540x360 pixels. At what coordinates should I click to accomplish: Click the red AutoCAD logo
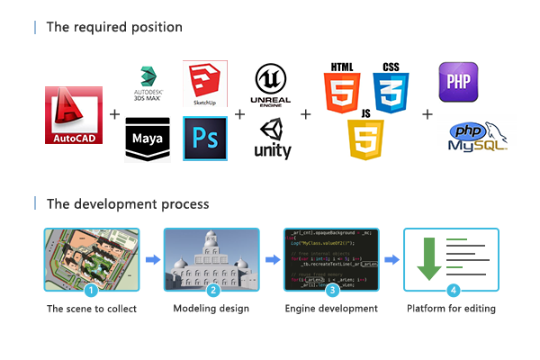point(74,116)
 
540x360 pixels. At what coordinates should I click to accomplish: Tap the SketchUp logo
point(205,84)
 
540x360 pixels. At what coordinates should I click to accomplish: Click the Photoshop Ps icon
point(205,139)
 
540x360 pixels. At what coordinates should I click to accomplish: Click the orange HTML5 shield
point(341,88)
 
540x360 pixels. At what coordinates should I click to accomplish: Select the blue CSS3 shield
point(391,88)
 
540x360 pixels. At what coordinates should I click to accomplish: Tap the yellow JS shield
point(365,137)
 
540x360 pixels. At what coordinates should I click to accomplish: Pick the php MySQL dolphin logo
point(477,137)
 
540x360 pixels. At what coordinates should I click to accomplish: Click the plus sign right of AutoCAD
point(114,115)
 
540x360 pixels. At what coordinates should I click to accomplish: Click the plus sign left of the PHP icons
point(427,115)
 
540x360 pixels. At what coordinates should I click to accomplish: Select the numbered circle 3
point(332,290)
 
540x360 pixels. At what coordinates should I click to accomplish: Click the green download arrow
point(428,257)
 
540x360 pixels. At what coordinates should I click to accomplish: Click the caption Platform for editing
point(451,309)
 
